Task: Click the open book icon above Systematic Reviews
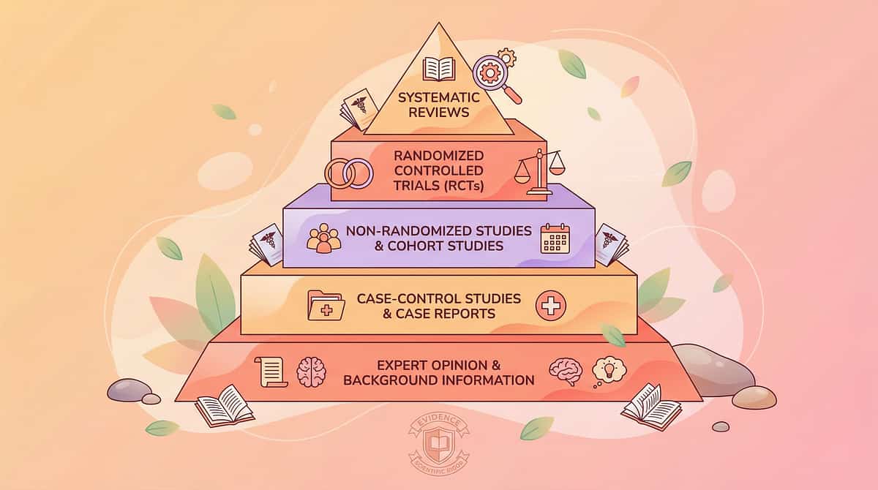coord(438,69)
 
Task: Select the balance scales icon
coord(541,172)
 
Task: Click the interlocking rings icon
coord(349,173)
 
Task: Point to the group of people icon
coord(323,238)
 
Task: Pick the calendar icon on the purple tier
coord(555,238)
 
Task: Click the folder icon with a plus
coord(326,306)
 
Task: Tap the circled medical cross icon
coord(551,306)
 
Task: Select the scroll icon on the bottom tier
coord(271,372)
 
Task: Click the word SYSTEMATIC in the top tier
coord(438,97)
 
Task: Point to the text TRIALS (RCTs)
coord(438,185)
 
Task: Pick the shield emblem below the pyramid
coord(438,444)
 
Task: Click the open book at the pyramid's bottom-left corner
coord(224,406)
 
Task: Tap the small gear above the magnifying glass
coord(506,58)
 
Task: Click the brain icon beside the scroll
coord(311,372)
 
